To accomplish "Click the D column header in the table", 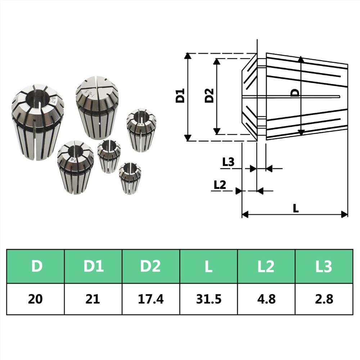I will [36, 266].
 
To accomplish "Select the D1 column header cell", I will [94, 266].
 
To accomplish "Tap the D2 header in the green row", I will [151, 266].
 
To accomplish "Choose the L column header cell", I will [208, 266].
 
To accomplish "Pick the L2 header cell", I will [266, 266].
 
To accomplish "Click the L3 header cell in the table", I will [324, 266].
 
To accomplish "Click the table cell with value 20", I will [36, 299].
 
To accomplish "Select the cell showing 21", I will [94, 299].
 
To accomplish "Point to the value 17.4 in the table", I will [151, 299].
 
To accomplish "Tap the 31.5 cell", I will [208, 299].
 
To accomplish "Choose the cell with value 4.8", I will [266, 299].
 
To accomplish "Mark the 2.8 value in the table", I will [324, 299].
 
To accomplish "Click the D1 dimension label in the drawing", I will [180, 96].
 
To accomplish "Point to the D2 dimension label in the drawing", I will [209, 96].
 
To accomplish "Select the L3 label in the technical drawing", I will [228, 162].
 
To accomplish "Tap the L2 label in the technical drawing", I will [220, 185].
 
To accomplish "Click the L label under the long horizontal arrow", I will [296, 208].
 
